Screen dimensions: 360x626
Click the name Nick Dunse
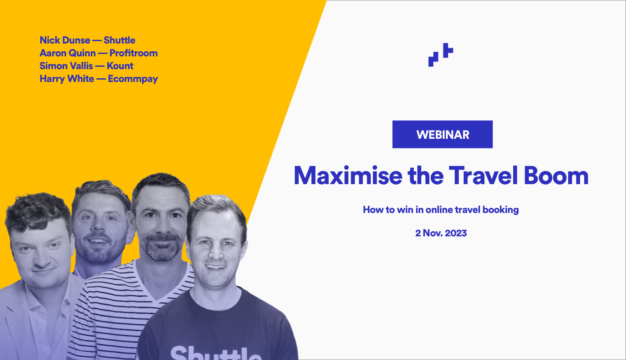click(x=65, y=40)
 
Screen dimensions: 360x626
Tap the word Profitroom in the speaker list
click(x=133, y=53)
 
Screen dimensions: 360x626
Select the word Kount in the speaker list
click(x=120, y=66)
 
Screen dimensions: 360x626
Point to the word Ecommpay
click(x=133, y=79)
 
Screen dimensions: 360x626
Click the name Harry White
click(x=67, y=79)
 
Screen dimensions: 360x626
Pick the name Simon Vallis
click(x=66, y=66)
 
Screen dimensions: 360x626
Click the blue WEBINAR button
click(x=442, y=135)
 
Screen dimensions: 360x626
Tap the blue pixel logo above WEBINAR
click(x=440, y=55)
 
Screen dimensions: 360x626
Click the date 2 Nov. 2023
click(x=441, y=233)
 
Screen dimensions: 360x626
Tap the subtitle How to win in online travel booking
click(x=441, y=210)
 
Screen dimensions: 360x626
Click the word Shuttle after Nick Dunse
click(x=120, y=40)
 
